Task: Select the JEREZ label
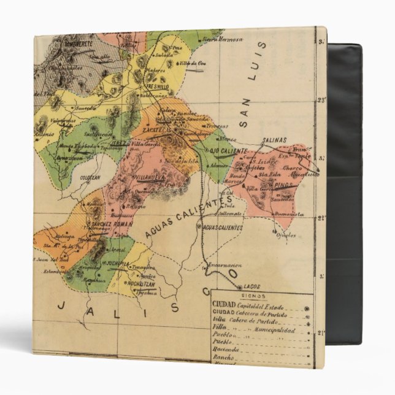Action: coord(119,143)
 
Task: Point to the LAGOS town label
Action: coord(252,286)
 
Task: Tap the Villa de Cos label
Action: coord(192,64)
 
